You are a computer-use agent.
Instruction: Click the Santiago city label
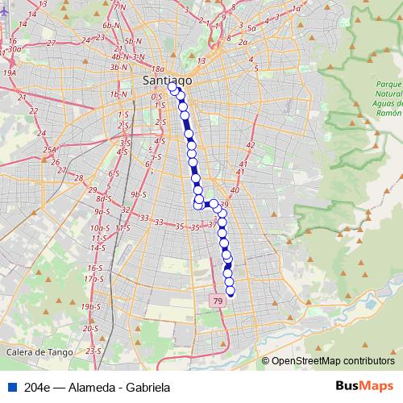click(x=167, y=80)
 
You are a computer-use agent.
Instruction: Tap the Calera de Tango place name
click(x=39, y=352)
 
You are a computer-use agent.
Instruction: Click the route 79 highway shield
click(x=218, y=301)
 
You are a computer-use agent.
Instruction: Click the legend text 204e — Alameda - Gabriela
click(x=97, y=387)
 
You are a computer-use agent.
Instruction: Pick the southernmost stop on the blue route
click(x=231, y=293)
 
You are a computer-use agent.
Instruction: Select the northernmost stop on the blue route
click(x=172, y=89)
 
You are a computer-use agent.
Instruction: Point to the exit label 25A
click(x=50, y=150)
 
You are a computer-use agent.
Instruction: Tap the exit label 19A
click(x=10, y=73)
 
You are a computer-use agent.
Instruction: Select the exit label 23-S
click(x=93, y=351)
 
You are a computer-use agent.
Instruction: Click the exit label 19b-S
click(x=90, y=307)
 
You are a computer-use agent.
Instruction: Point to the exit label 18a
click(x=157, y=70)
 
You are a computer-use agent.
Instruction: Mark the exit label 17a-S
click(x=95, y=279)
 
